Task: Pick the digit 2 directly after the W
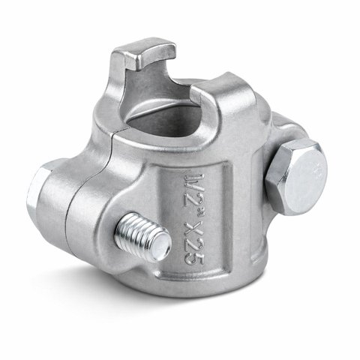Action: (194, 196)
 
